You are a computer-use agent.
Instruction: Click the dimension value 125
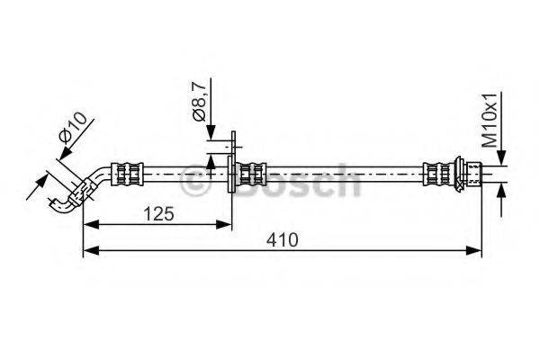click(158, 213)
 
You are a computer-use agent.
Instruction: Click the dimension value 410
click(282, 239)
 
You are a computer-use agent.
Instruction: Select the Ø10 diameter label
click(73, 127)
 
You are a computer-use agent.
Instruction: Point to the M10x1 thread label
click(490, 120)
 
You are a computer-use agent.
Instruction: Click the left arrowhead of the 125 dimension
click(91, 225)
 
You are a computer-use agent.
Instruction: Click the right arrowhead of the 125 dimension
click(224, 225)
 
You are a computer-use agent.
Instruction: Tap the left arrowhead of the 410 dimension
click(91, 251)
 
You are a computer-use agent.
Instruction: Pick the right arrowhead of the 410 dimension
click(473, 251)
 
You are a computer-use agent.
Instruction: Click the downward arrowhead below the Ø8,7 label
click(211, 132)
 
